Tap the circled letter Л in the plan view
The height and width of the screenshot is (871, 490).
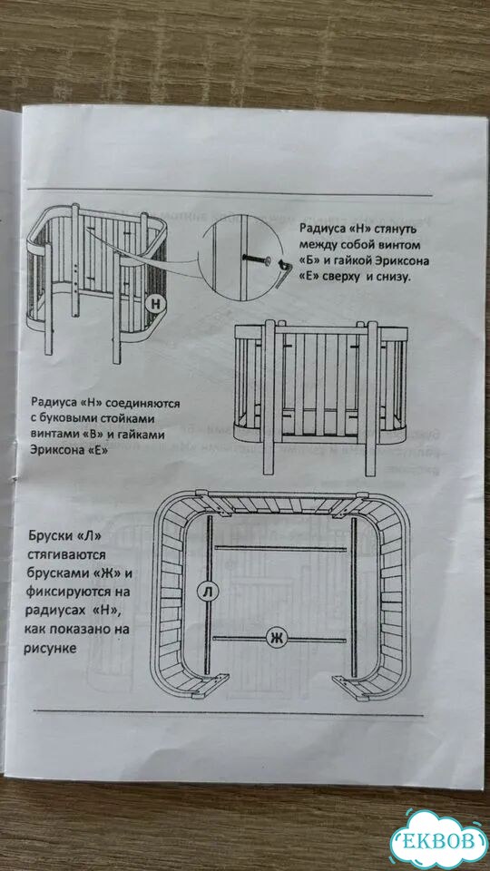pyautogui.click(x=208, y=592)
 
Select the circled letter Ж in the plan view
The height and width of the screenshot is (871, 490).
pyautogui.click(x=276, y=638)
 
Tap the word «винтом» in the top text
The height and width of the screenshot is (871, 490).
pyautogui.click(x=399, y=244)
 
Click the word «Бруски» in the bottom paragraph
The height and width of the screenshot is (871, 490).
pyautogui.click(x=51, y=538)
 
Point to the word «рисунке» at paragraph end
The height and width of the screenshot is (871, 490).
pyautogui.click(x=49, y=648)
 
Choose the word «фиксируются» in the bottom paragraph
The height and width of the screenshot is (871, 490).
pyautogui.click(x=68, y=592)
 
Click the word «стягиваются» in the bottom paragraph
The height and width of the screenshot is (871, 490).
pyautogui.click(x=66, y=555)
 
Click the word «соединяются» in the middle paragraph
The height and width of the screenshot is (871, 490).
pyautogui.click(x=144, y=402)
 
